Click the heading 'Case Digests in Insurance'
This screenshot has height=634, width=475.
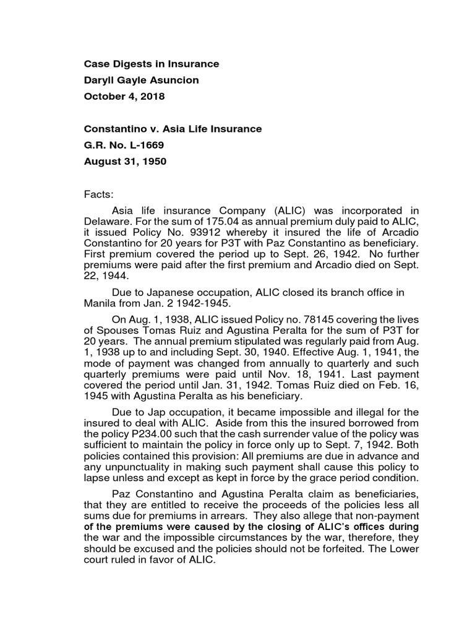pos(152,64)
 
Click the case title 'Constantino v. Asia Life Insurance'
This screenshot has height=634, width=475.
pos(173,129)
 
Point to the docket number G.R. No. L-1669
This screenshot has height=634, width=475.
pos(124,145)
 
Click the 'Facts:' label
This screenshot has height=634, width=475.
pos(99,194)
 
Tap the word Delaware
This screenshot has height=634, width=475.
pos(106,221)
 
